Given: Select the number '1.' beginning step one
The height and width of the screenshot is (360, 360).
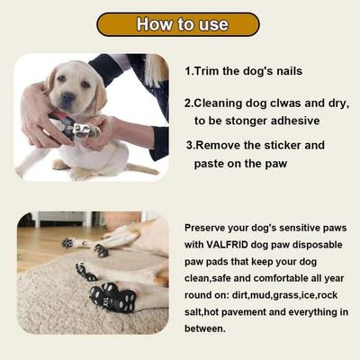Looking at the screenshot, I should [x=190, y=70].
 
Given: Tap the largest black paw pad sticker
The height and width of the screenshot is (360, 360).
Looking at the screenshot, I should [x=112, y=296].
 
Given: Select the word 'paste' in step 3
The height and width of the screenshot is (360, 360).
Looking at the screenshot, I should [x=212, y=164].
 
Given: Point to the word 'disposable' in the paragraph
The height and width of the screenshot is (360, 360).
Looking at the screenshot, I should [x=318, y=246].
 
